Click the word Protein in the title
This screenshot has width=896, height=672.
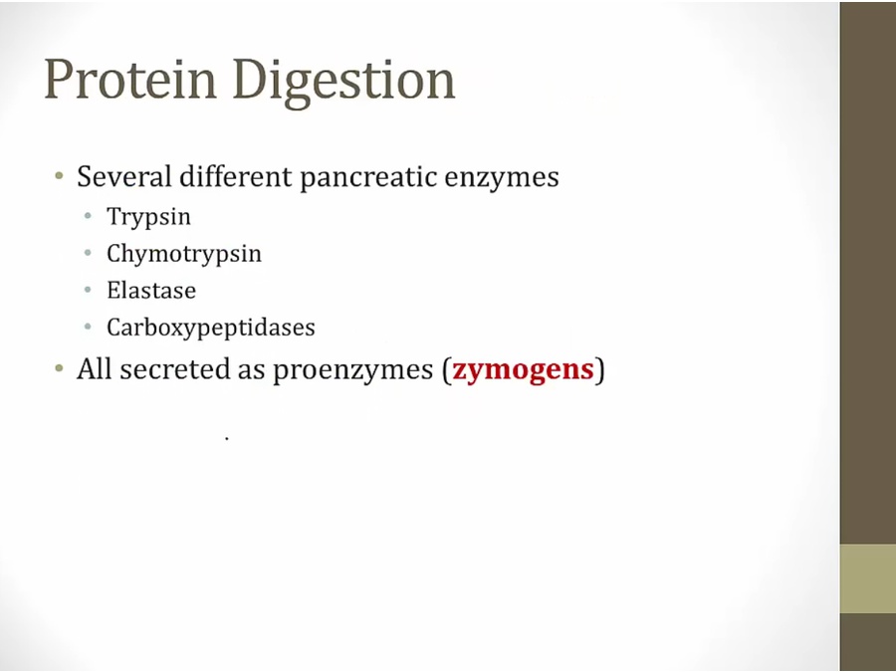point(130,79)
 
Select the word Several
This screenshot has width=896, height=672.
point(124,176)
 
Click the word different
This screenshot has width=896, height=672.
point(235,176)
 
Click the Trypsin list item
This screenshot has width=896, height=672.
point(148,218)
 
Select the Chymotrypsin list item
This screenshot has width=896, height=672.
point(184,254)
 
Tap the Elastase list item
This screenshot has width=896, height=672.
point(151,291)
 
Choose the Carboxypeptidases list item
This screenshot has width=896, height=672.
point(211,328)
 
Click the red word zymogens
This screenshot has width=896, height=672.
point(523,370)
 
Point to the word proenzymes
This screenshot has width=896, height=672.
point(352,370)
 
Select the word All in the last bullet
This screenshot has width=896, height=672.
point(95,368)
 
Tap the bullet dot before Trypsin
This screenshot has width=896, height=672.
point(88,216)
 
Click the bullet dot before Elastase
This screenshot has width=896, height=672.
point(88,290)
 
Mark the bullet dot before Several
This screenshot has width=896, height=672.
point(59,175)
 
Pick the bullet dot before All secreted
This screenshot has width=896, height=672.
point(59,368)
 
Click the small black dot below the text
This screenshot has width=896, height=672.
point(227,438)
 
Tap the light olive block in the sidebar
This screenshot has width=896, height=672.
point(868,578)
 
